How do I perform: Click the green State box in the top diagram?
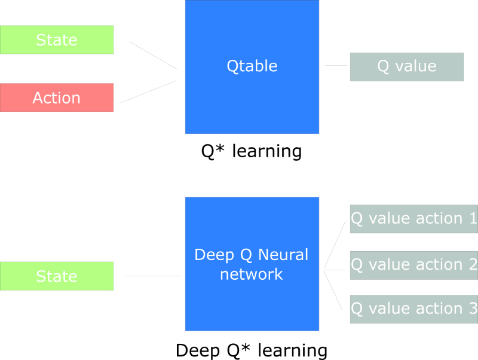point(57,40)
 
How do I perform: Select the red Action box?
point(57,97)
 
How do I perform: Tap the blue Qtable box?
point(252,66)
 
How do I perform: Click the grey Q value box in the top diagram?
point(406,66)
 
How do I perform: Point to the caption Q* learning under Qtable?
point(251,151)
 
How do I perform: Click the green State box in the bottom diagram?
point(57,276)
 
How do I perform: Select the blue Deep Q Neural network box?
point(252,264)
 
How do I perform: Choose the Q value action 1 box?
point(413,219)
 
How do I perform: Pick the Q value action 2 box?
point(413,264)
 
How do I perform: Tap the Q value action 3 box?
point(413,309)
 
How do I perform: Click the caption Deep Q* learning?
point(252,349)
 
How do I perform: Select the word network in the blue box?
point(252,274)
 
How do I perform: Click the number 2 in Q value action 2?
point(473,264)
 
